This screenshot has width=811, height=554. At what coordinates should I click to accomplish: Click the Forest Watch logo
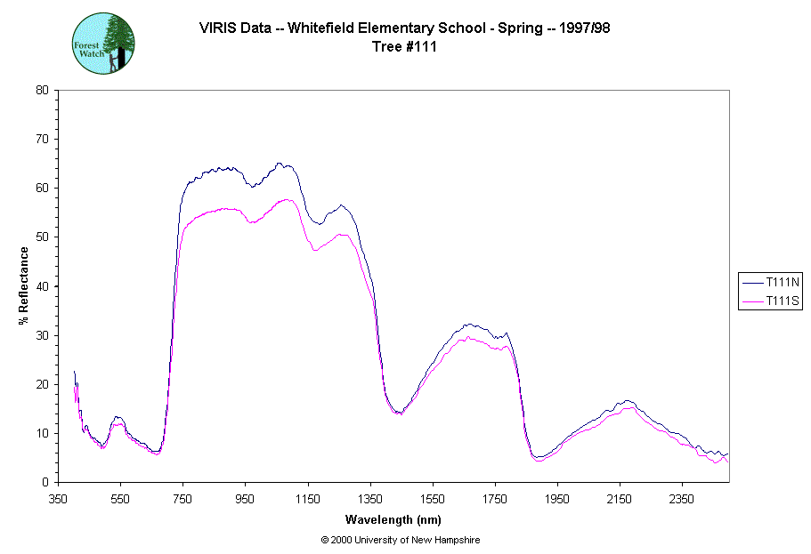point(103,43)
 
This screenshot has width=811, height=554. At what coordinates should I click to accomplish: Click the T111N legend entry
point(771,282)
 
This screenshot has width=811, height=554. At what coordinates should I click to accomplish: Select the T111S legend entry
point(771,302)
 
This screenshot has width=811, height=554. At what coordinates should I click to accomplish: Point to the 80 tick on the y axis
point(42,90)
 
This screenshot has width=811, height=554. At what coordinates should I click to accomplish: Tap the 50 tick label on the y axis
point(42,237)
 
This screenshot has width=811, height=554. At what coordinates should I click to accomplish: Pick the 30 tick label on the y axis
point(42,335)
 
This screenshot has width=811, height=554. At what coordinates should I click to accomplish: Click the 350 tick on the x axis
point(59,499)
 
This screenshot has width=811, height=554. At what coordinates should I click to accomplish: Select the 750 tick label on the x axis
point(183,499)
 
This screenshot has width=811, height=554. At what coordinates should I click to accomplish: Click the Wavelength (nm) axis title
point(393,519)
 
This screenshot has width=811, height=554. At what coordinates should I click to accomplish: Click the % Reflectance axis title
point(24,285)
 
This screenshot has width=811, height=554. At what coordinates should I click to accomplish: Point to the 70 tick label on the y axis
point(42,140)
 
